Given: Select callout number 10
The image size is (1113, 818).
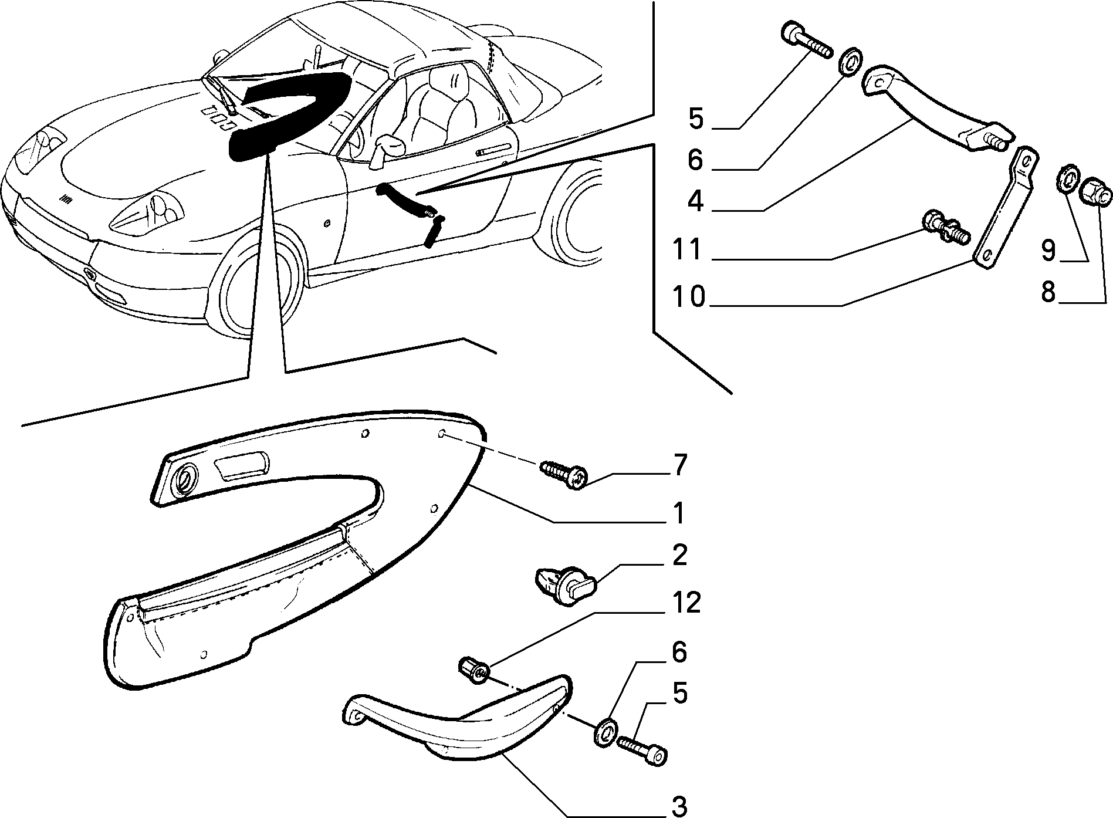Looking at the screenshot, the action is [x=688, y=296].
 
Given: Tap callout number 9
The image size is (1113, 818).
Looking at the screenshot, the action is [x=1048, y=251].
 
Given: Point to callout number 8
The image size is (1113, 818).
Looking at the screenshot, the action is [x=1048, y=291].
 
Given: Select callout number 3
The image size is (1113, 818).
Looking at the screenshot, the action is [x=678, y=806].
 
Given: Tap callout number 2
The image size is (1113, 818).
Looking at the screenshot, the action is [x=679, y=555].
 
